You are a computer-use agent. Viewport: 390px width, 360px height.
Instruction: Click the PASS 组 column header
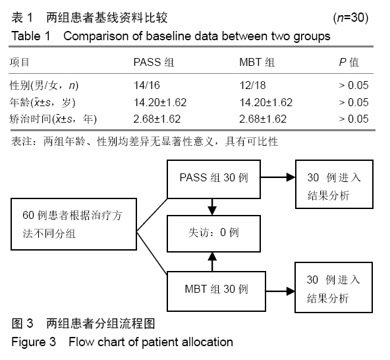(153, 62)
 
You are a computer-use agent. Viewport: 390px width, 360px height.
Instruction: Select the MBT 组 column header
(257, 62)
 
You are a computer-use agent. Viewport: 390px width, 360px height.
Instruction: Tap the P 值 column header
(349, 62)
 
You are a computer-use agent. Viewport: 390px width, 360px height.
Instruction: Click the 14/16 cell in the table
(147, 86)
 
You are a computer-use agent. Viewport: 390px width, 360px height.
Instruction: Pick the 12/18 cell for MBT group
(252, 86)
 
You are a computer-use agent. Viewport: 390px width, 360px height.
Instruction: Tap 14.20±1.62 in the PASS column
(160, 103)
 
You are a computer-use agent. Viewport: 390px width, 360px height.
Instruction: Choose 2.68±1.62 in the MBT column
(263, 119)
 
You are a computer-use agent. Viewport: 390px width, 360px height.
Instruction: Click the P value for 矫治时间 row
(353, 119)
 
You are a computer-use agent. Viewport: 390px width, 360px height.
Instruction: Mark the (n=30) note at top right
(350, 18)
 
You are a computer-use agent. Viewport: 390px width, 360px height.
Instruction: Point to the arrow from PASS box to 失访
(212, 207)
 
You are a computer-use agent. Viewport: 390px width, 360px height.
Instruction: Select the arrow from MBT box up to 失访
(212, 262)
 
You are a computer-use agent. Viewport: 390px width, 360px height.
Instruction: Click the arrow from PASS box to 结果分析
(278, 177)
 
